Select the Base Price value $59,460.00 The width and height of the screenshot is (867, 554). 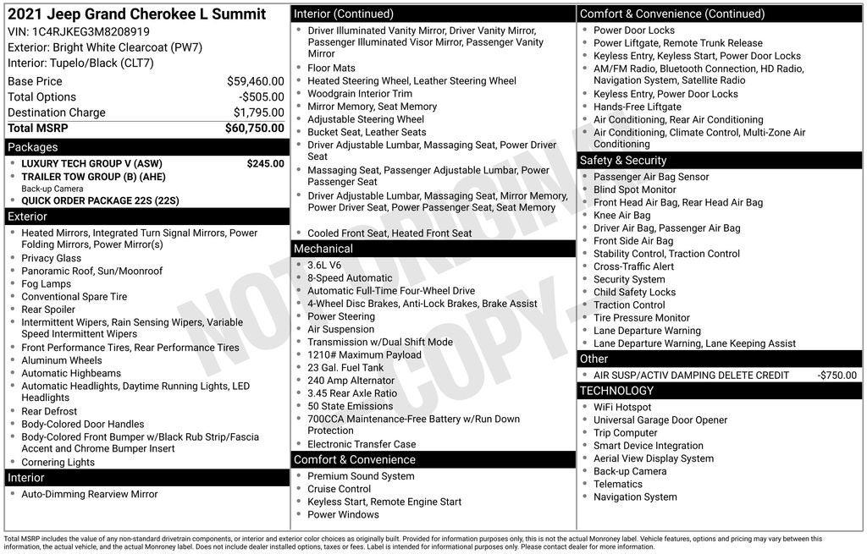coord(255,81)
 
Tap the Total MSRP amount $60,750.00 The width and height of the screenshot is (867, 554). coord(254,129)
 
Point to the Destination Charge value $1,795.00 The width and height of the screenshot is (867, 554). coord(258,112)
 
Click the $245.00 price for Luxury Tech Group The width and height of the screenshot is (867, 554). coord(265,164)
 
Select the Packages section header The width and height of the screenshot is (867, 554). coord(33,147)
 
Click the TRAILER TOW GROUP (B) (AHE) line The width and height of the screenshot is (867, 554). coord(93,177)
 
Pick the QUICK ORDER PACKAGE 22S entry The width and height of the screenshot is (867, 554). coord(100,201)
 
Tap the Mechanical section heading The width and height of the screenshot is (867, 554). coord(323,249)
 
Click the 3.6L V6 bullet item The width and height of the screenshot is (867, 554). coord(324,265)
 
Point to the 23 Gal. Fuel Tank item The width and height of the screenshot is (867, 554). coord(345,368)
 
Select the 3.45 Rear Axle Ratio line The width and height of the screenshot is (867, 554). coord(352,393)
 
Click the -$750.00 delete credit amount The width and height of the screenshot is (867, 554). coord(837,376)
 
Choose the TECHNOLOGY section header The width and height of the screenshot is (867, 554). coord(616,391)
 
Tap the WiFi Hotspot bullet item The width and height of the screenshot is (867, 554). coord(622,407)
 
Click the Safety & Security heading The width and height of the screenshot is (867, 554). coord(623,161)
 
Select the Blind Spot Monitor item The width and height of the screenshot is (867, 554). coord(635,190)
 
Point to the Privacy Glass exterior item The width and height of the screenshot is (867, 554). coord(52,259)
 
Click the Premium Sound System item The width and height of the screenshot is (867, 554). coord(361,476)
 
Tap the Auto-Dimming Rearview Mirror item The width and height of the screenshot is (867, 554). coord(90,495)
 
